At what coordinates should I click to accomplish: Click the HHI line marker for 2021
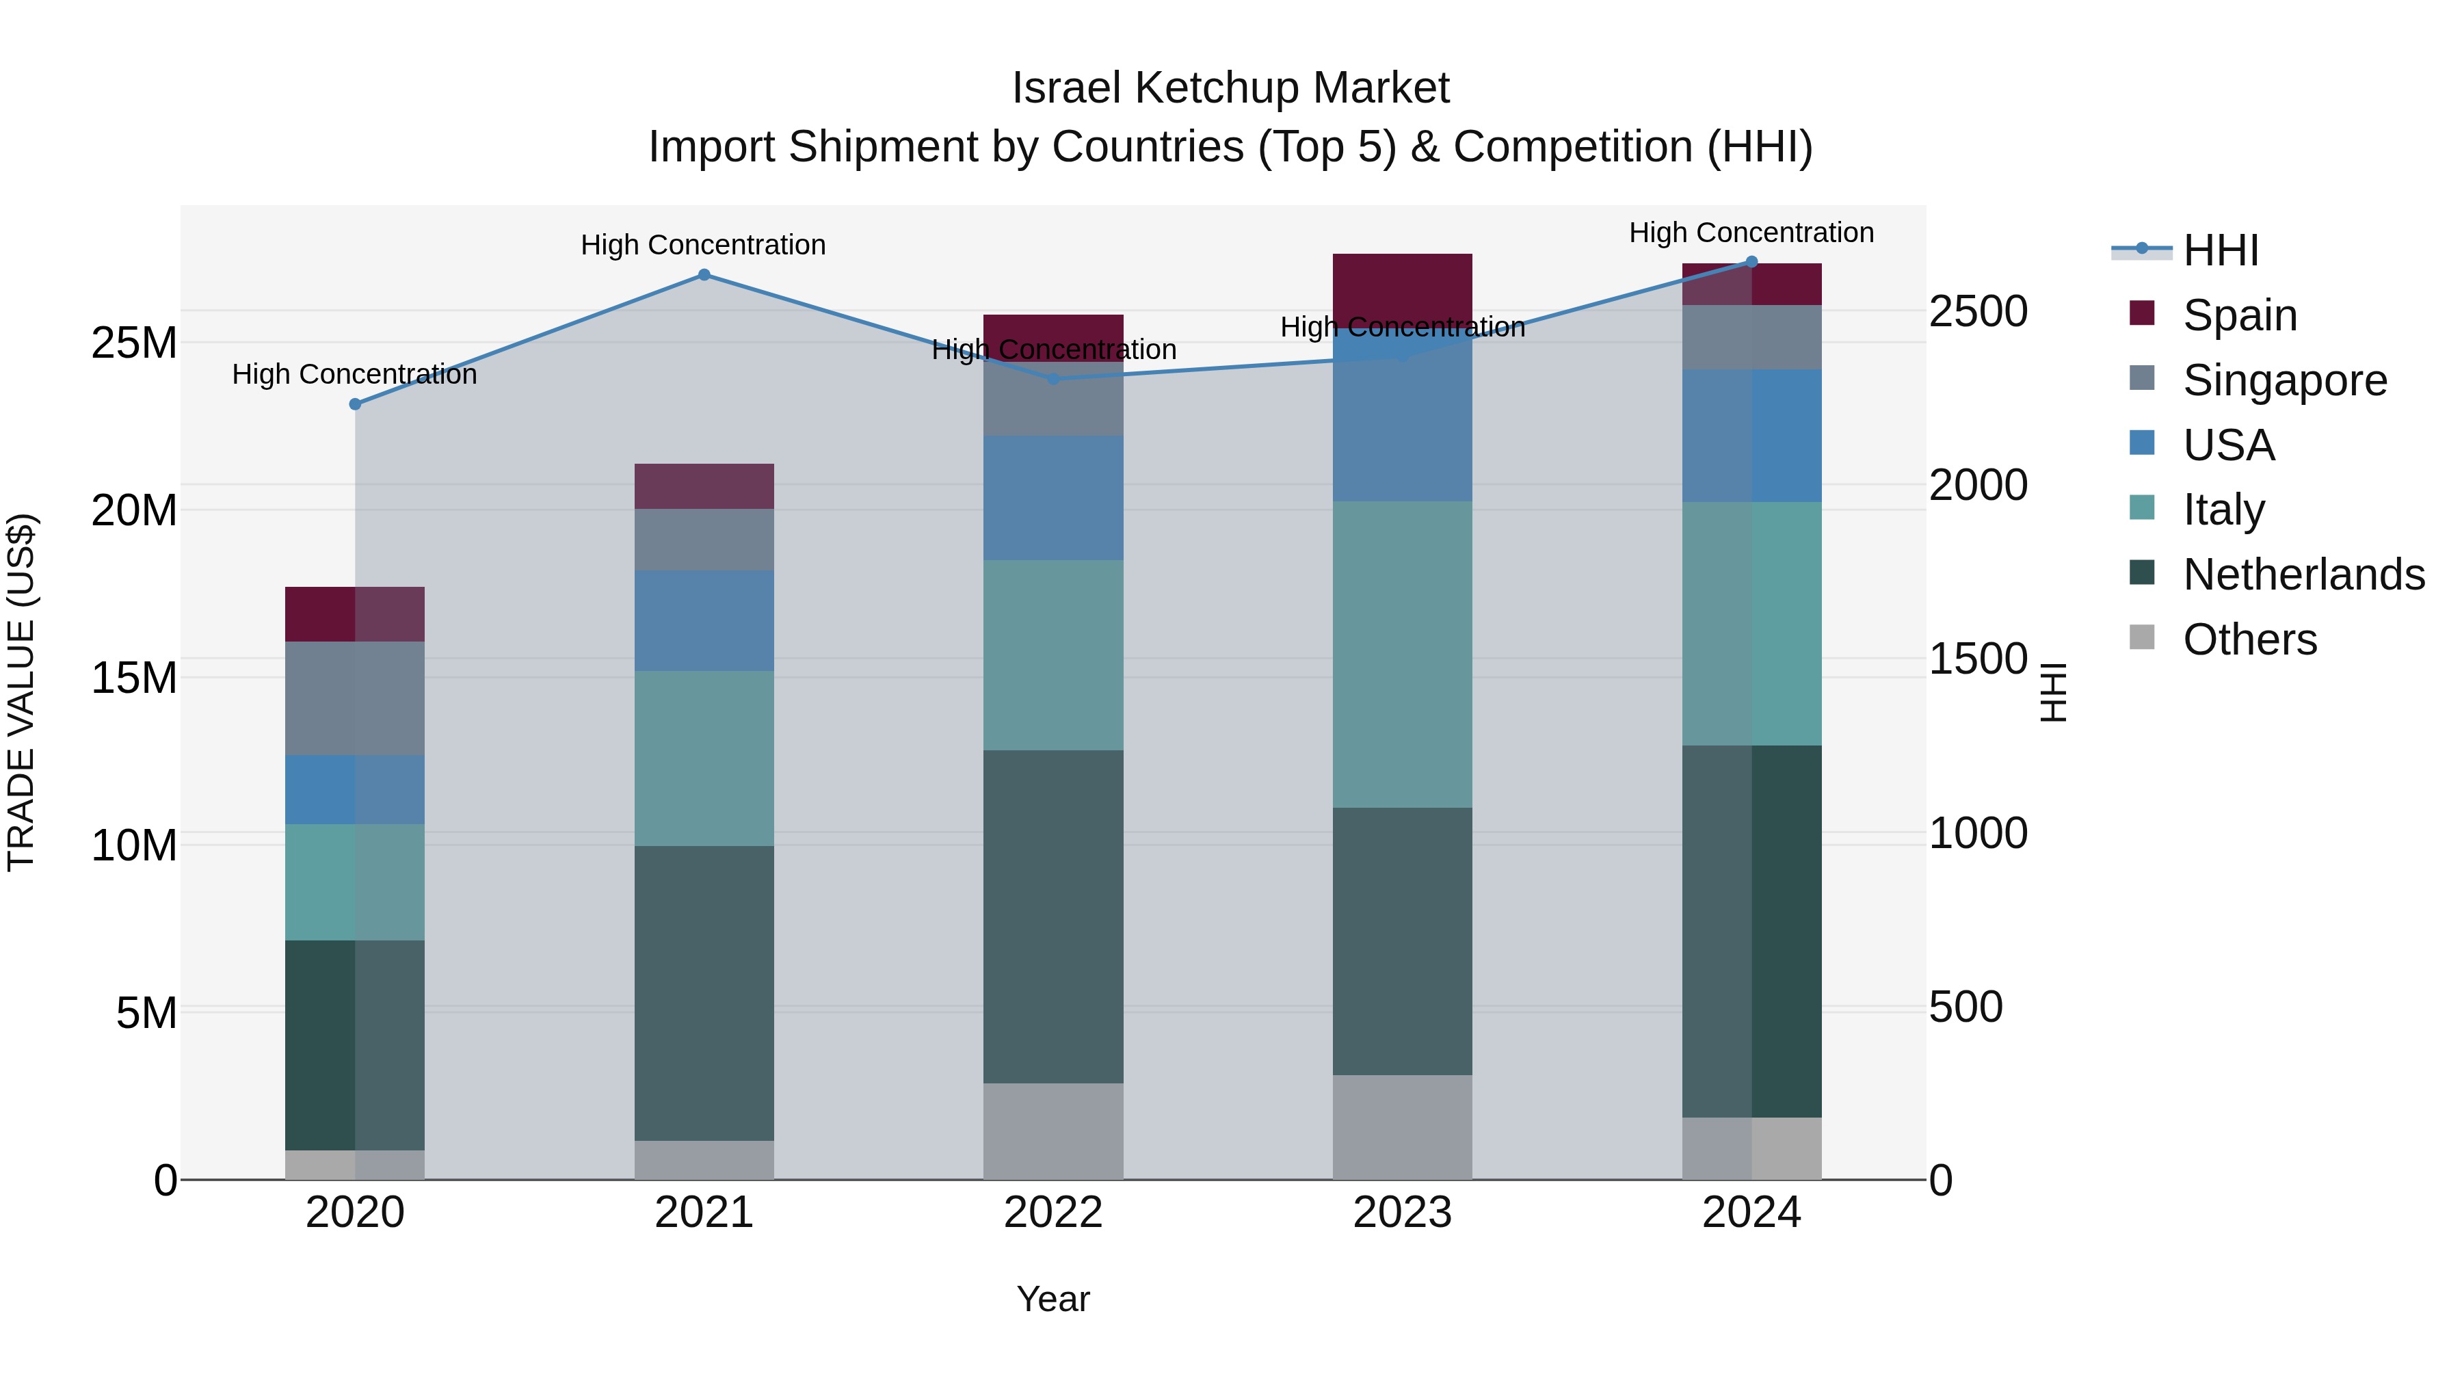[704, 275]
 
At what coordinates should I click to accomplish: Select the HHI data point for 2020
[354, 404]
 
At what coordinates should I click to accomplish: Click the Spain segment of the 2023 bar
[1402, 288]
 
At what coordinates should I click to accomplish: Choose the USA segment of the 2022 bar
[1053, 497]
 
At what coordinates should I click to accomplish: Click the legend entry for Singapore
[2284, 380]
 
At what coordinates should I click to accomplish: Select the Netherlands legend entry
[2303, 575]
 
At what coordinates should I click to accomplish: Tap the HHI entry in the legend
[2220, 250]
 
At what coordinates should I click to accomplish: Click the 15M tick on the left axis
[134, 678]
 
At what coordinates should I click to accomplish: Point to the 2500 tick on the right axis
[1977, 312]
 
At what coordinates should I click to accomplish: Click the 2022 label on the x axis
[1053, 1213]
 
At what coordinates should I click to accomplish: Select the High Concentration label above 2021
[704, 246]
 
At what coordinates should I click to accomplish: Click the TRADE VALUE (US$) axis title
[21, 692]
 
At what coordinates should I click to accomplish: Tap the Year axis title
[1053, 1299]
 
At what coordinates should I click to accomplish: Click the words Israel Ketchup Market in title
[1230, 88]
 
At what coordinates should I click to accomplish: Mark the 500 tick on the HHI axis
[1965, 1007]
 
